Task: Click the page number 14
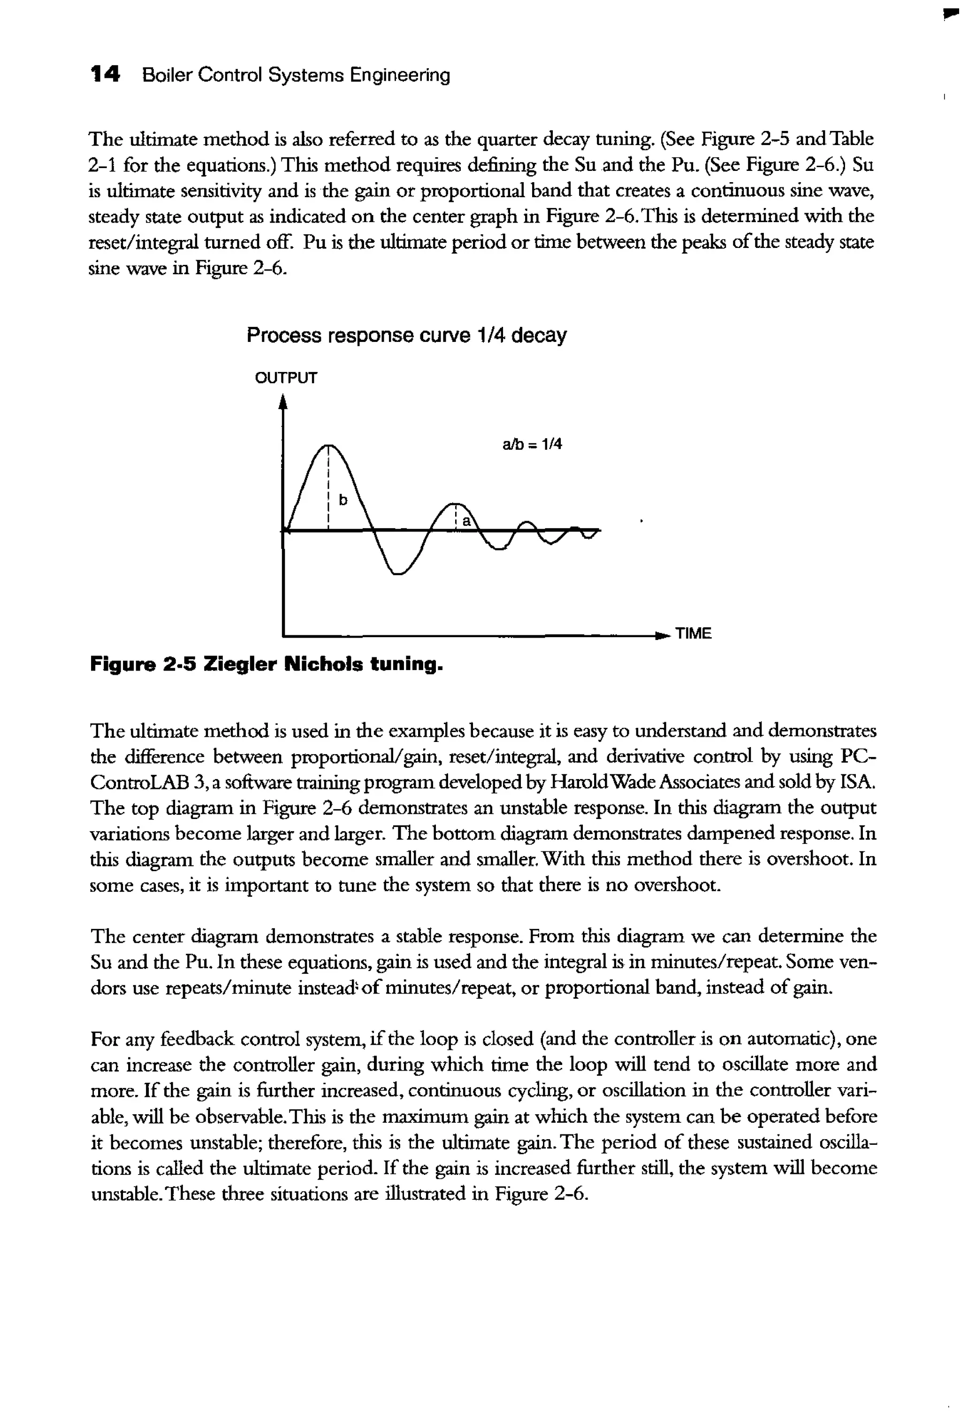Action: coord(105,75)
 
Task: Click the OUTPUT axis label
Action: coord(285,378)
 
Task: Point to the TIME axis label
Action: coord(693,634)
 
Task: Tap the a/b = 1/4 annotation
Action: coord(532,445)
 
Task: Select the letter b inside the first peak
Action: coord(343,500)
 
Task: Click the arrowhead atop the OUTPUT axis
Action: coord(282,402)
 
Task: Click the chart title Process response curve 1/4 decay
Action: coord(406,335)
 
